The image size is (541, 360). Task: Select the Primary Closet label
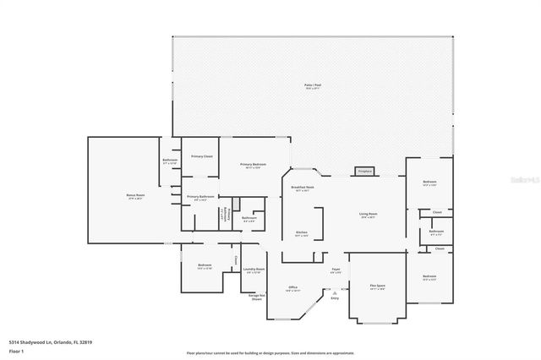coord(201,156)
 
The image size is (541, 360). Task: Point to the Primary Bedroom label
coord(253,166)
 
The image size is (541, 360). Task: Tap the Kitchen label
coord(302,233)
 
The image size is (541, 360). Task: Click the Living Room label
coord(367,215)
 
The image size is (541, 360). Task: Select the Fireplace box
coord(365,171)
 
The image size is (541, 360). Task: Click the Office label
coord(293,288)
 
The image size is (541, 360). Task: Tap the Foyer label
coord(336,270)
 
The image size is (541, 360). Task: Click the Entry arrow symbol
coord(335,292)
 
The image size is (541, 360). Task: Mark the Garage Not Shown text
coord(256,297)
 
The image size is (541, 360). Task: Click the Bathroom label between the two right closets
coord(436,232)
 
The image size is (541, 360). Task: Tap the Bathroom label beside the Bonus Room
coord(169,161)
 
